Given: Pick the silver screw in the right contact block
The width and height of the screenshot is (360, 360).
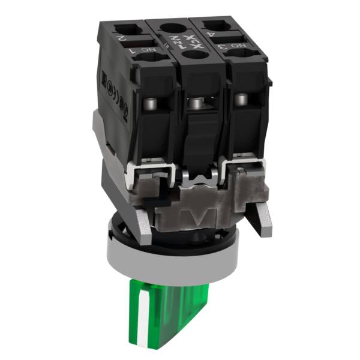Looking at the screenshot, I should [x=241, y=99].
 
